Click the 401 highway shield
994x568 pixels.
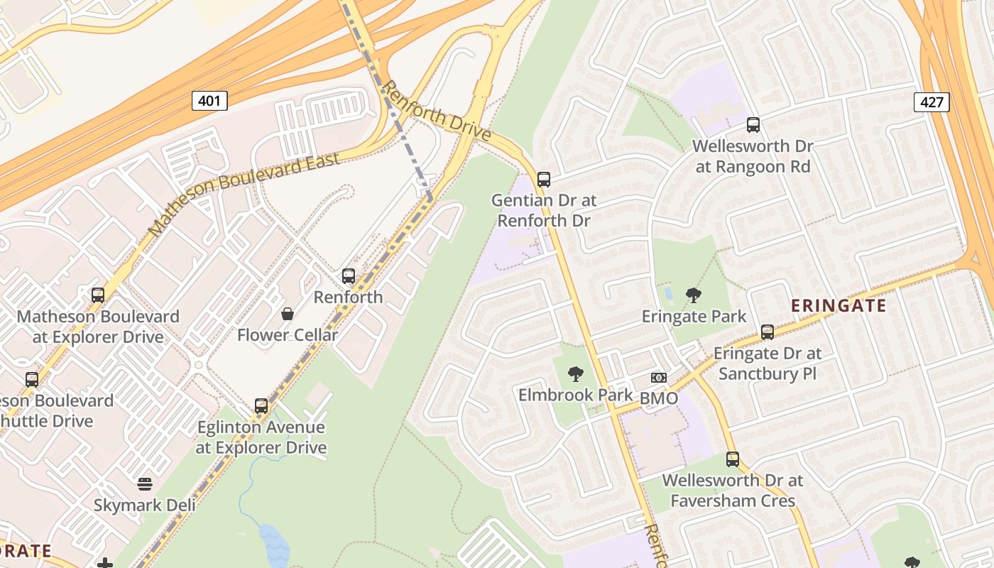pos(209,101)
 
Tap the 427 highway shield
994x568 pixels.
pos(931,102)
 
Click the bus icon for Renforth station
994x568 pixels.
pos(348,276)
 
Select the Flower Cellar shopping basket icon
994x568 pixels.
pos(288,313)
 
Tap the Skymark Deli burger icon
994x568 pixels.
pos(145,485)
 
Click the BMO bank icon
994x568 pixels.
pos(659,378)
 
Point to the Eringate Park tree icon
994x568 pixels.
pos(694,295)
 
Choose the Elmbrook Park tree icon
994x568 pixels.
pos(576,373)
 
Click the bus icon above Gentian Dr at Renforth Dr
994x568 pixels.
pos(544,180)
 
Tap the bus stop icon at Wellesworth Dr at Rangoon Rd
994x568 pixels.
pos(753,126)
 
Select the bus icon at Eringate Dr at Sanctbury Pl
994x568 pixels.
pos(768,332)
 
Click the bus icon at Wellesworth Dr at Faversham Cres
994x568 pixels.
pos(733,459)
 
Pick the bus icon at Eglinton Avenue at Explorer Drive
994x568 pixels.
pos(261,406)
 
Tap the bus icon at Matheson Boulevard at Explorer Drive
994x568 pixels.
pos(98,295)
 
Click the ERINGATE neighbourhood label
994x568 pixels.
pos(839,306)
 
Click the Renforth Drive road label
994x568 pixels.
pos(436,111)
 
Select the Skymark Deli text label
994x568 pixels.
pos(145,506)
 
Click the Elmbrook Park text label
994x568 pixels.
pos(575,395)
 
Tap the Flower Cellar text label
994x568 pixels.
pos(288,334)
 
